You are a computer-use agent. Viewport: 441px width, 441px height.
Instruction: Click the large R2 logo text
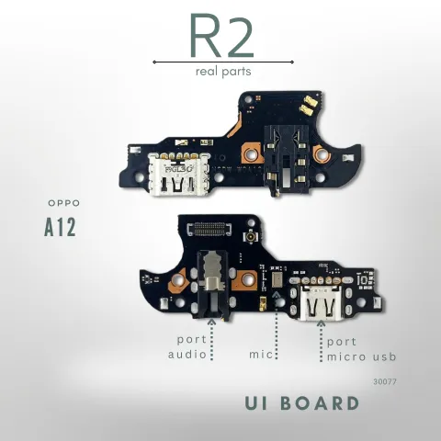point(221,36)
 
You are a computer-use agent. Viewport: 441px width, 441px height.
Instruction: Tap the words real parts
point(223,72)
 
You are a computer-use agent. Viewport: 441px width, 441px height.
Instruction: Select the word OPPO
point(64,203)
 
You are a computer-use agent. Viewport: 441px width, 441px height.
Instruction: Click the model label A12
point(60,227)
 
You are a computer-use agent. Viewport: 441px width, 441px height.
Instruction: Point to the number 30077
point(385,381)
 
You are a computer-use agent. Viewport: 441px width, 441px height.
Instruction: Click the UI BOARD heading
point(302,403)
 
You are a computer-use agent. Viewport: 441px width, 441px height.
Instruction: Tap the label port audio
point(187,347)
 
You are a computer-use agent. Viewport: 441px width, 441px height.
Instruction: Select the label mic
point(261,355)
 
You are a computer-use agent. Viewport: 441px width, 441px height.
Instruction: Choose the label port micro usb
point(361,349)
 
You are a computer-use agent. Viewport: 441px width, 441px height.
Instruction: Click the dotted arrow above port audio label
point(211,339)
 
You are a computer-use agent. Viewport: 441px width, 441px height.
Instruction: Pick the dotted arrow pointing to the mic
point(277,325)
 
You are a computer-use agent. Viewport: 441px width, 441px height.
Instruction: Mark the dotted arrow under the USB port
point(321,341)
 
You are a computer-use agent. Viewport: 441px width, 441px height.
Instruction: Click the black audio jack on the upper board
point(287,160)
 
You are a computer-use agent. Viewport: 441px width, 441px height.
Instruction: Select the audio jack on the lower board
point(213,284)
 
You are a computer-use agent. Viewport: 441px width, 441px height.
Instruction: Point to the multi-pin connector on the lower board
point(209,229)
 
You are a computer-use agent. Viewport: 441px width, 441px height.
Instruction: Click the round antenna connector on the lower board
point(251,236)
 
